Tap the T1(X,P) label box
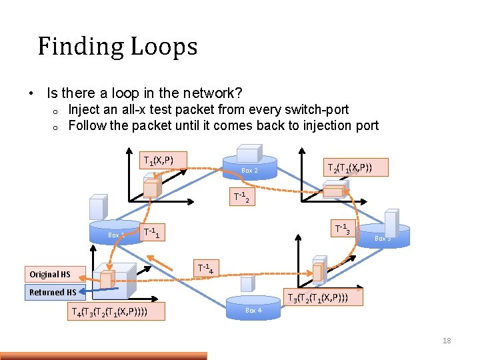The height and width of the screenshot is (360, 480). (159, 161)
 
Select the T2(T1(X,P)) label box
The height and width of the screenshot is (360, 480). (356, 167)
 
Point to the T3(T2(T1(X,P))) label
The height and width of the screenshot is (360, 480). (325, 297)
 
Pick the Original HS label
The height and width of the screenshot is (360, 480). (50, 274)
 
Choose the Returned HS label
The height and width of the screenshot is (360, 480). (53, 292)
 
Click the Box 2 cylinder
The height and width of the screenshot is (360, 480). (249, 169)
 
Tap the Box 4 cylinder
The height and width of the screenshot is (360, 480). (253, 309)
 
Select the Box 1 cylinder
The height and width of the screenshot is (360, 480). (115, 233)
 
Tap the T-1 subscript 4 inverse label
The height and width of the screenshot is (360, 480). (205, 268)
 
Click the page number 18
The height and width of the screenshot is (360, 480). (447, 341)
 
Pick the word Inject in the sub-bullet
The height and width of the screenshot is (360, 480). (85, 109)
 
